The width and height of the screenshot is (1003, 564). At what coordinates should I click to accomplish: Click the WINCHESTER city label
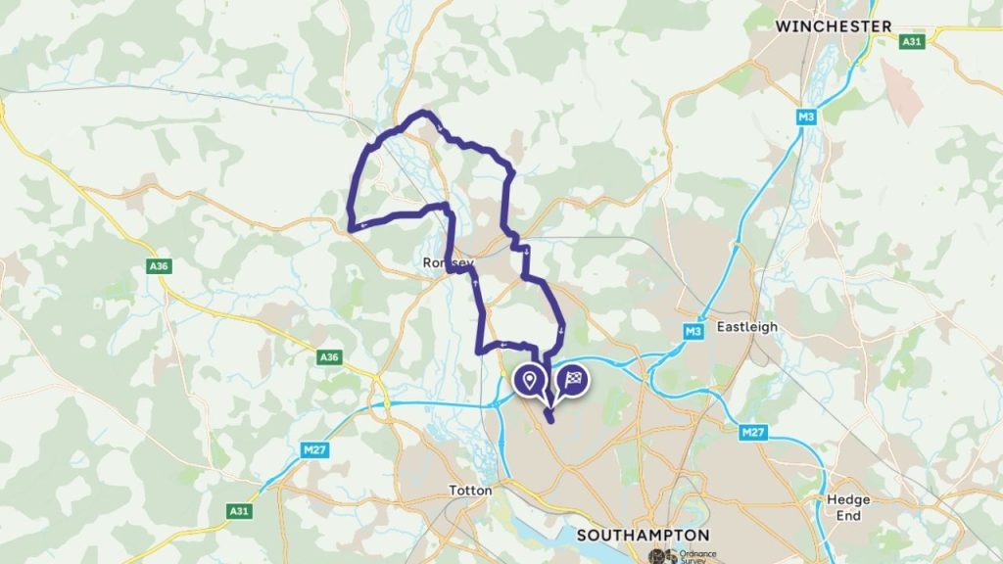(833, 26)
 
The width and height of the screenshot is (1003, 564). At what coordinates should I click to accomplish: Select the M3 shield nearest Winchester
(806, 117)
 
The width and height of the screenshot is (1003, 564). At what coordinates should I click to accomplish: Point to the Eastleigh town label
(747, 327)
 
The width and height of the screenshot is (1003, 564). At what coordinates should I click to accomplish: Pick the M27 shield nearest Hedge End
(752, 432)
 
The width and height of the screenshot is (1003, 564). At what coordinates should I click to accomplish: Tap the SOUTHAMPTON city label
(644, 536)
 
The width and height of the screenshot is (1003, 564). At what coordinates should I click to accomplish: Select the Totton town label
(469, 490)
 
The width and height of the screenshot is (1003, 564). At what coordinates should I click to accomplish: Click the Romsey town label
(448, 263)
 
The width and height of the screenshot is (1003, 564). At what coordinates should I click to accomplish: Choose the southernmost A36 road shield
(329, 359)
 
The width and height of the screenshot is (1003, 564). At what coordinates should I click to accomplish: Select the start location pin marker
(530, 381)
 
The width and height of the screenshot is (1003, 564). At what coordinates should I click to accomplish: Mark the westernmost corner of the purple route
(350, 229)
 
